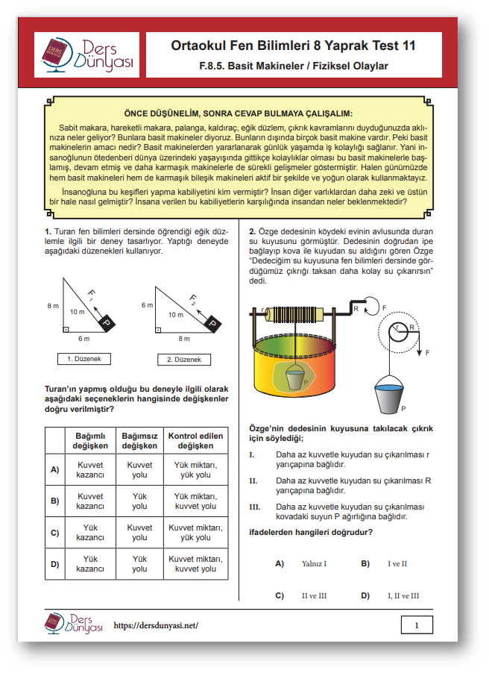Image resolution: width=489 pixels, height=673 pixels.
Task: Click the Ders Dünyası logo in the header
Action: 87,55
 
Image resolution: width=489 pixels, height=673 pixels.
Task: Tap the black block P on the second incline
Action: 212,324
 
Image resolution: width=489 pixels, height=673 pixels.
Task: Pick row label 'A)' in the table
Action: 54,470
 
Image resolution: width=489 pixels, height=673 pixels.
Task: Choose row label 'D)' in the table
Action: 54,564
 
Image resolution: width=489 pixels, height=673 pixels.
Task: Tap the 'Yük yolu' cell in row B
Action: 139,501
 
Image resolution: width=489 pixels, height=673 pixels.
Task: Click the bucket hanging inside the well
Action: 294,379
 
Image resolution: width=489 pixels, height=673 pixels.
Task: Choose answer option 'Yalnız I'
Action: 314,564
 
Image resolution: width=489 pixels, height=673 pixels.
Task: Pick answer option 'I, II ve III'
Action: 403,595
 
